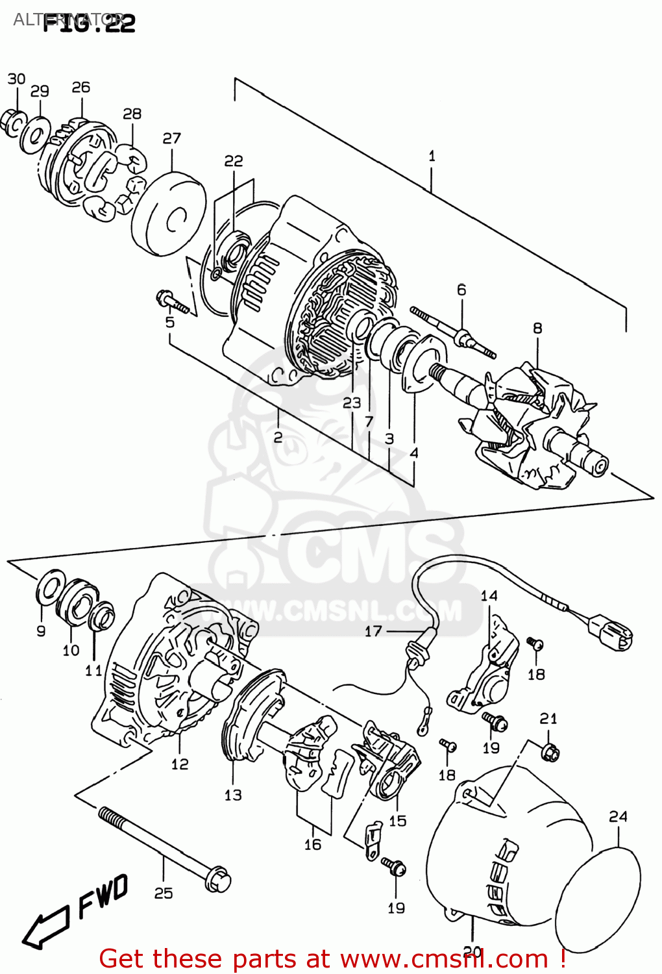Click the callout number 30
click(x=16, y=79)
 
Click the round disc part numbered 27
click(x=169, y=214)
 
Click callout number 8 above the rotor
click(x=537, y=329)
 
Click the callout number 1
click(x=432, y=156)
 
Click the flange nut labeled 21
click(x=550, y=752)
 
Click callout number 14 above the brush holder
click(x=489, y=595)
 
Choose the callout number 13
click(x=233, y=795)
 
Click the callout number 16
click(x=313, y=844)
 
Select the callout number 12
click(x=180, y=764)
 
